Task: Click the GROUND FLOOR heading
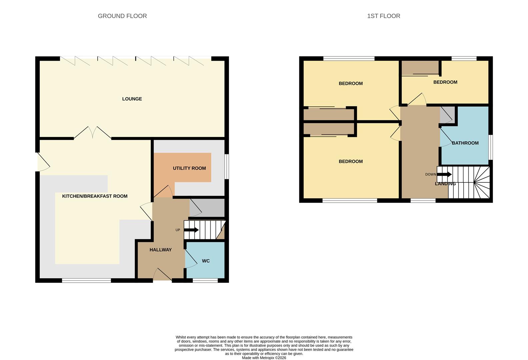pos(122,16)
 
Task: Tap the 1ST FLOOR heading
pos(383,16)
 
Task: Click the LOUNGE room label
pos(132,99)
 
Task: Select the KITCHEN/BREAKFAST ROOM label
pos(95,196)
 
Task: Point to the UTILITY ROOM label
pos(189,168)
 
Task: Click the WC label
pos(206,261)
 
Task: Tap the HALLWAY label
pos(160,250)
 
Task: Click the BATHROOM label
pos(465,143)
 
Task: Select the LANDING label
pos(445,184)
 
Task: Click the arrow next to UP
pos(191,230)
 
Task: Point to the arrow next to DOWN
pos(444,174)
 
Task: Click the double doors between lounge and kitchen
pos(93,133)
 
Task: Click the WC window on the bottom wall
pos(205,281)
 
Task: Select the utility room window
pos(227,166)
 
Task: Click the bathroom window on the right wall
pos(490,147)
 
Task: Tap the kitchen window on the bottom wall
pos(86,281)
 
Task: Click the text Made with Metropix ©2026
pos(264,358)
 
